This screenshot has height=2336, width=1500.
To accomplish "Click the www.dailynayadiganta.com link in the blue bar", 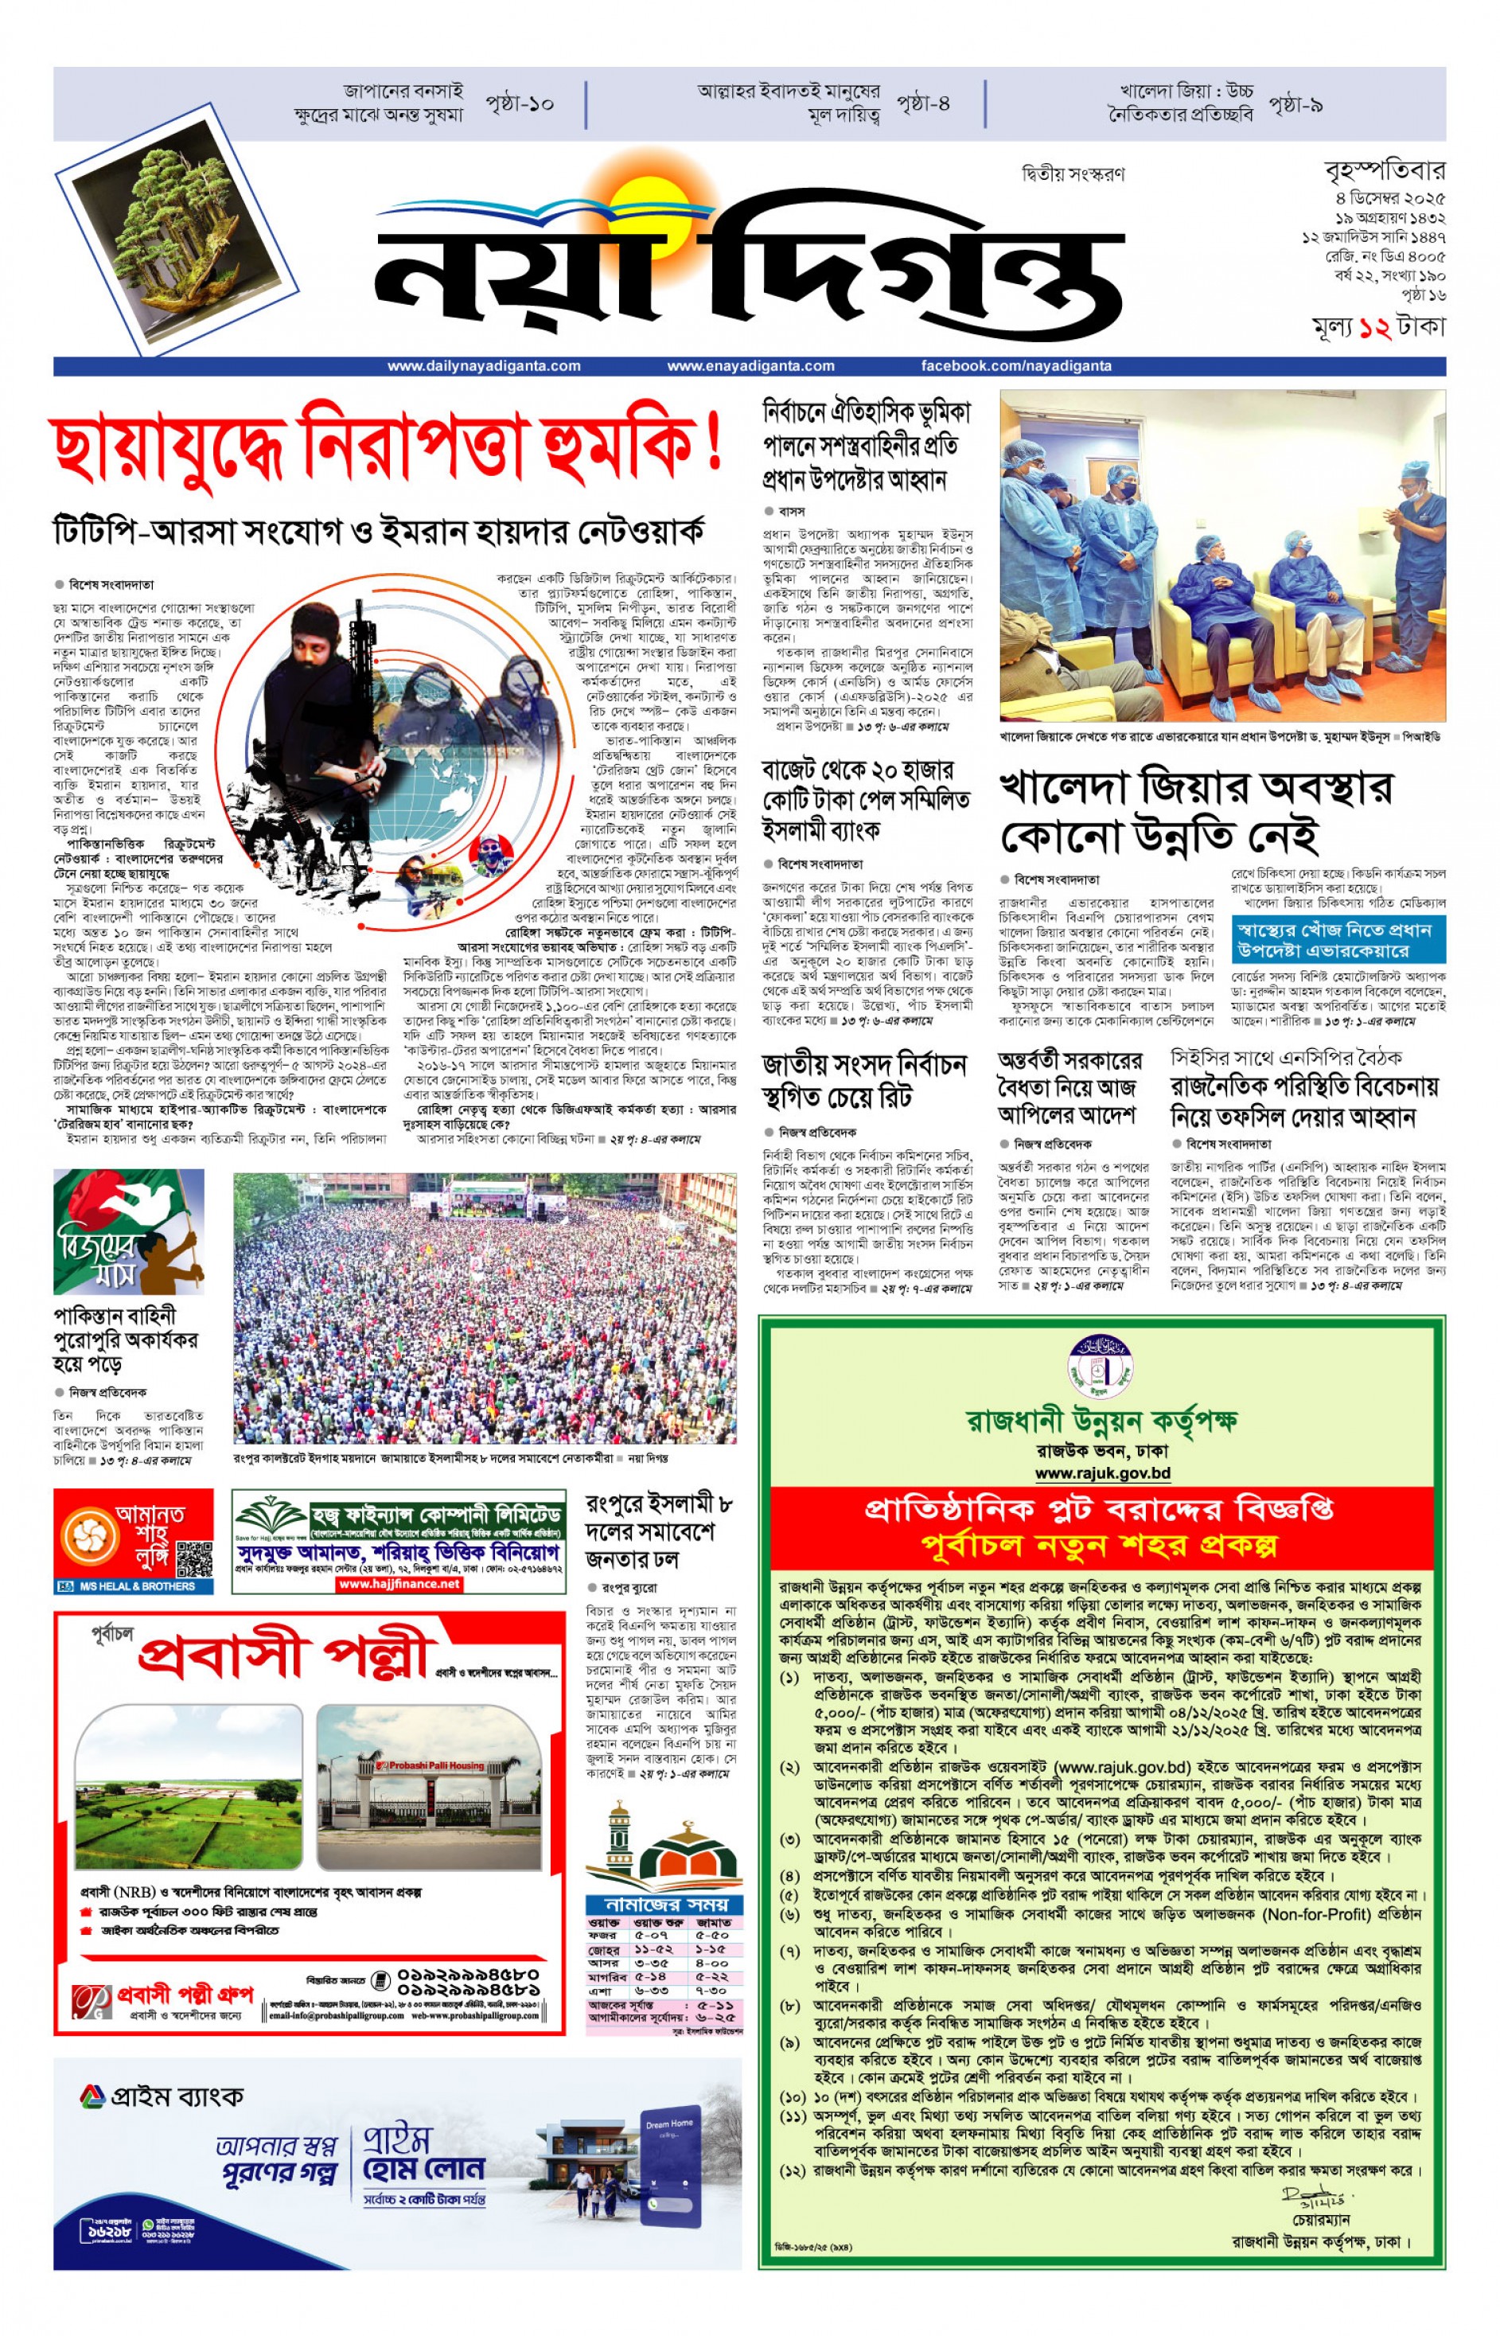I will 483,366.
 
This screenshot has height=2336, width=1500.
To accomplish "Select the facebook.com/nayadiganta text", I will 1016,366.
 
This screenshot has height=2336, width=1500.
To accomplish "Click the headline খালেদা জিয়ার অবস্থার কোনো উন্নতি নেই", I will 1196,813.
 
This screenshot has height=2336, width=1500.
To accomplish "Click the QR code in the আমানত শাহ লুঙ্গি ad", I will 195,1561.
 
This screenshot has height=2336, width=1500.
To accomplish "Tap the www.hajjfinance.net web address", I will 399,1585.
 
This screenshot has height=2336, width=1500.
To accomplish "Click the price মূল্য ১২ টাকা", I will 1378,328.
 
